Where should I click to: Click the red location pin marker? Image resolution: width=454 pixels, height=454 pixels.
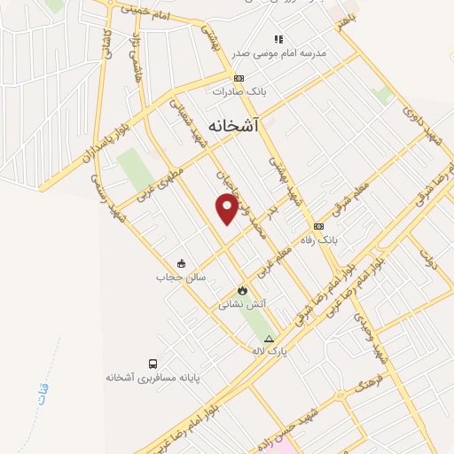pyautogui.click(x=228, y=207)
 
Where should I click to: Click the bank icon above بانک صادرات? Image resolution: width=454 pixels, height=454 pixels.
pyautogui.click(x=239, y=78)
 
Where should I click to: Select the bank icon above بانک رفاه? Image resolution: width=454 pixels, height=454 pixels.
pyautogui.click(x=318, y=226)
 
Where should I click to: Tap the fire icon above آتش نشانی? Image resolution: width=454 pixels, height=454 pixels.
pyautogui.click(x=242, y=290)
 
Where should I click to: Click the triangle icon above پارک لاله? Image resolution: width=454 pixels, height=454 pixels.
pyautogui.click(x=269, y=339)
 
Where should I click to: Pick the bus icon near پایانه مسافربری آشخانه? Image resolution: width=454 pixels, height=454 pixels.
pyautogui.click(x=153, y=364)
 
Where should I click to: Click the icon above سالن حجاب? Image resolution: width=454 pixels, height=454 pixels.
pyautogui.click(x=181, y=262)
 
